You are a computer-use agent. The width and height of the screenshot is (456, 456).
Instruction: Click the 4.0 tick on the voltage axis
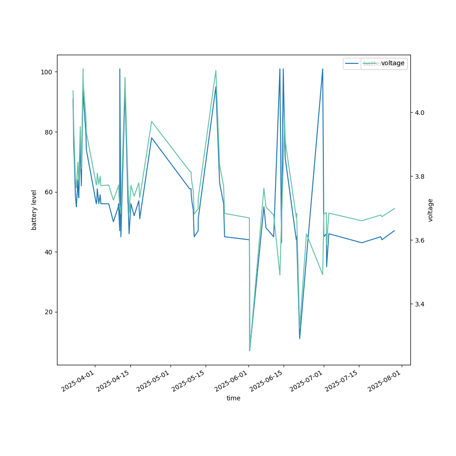(x=420, y=113)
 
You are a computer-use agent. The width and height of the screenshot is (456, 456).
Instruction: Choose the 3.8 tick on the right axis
(x=420, y=176)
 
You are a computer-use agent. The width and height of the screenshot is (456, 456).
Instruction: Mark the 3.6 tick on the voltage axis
(x=420, y=240)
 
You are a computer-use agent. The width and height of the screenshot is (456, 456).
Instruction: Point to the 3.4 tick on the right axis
(x=420, y=304)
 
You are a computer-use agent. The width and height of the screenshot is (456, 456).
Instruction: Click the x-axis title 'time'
(x=233, y=398)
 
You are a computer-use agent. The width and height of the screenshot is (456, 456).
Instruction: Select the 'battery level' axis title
(x=34, y=210)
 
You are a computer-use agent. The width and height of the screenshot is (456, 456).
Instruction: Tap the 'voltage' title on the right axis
(x=430, y=210)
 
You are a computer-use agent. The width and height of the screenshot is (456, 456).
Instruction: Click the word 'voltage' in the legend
(x=393, y=63)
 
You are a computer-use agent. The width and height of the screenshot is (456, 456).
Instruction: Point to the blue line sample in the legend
(x=352, y=63)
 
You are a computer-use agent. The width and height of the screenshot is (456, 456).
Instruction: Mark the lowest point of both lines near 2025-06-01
(x=249, y=350)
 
